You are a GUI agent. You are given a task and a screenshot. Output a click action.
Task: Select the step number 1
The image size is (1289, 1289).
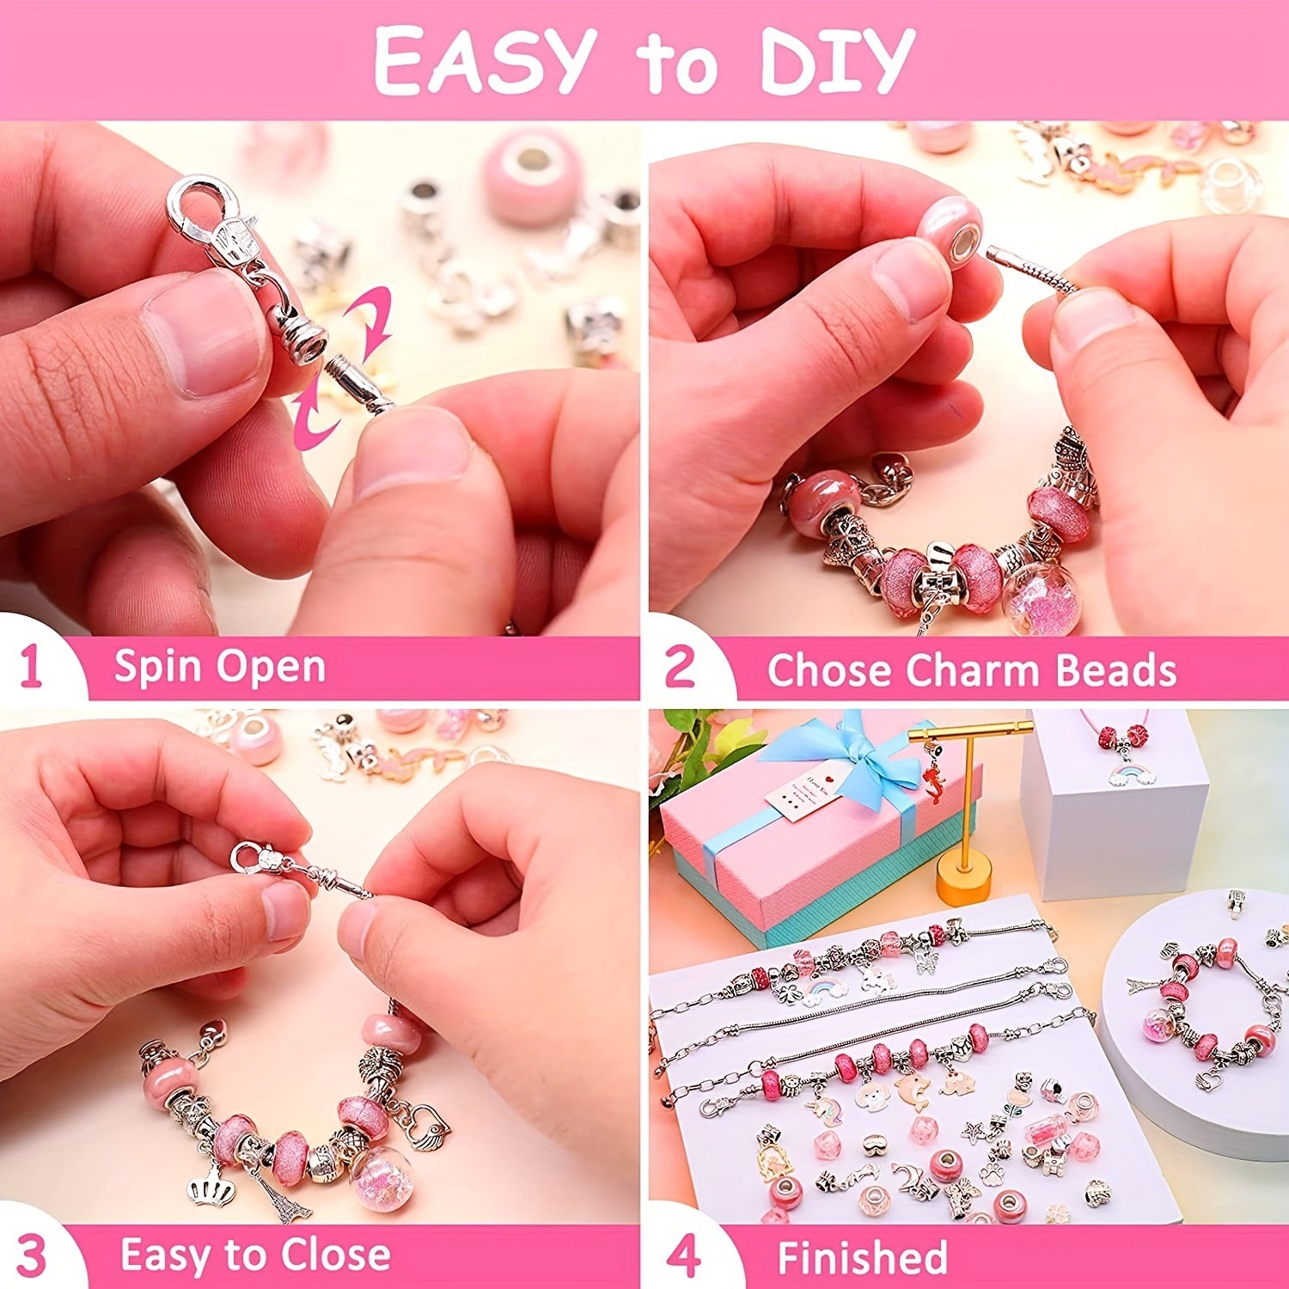click(31, 668)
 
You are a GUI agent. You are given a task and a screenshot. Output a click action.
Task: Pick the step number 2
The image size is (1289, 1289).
click(680, 668)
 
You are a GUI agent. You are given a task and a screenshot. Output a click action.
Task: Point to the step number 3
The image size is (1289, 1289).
click(32, 1256)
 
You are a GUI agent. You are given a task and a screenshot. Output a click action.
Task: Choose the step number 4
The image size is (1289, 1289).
click(683, 1256)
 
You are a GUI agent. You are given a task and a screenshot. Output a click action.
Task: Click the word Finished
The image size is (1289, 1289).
click(862, 1257)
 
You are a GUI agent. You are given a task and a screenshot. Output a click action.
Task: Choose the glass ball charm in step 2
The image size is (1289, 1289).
click(1041, 595)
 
